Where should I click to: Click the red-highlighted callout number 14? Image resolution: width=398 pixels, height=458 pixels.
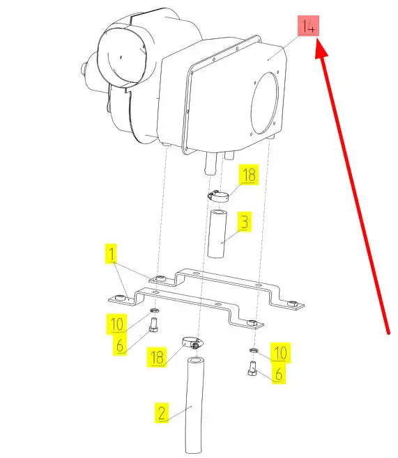point(308,26)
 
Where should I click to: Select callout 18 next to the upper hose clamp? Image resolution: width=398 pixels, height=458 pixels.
point(249,175)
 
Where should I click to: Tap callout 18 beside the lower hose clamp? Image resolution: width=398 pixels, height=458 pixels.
point(157,357)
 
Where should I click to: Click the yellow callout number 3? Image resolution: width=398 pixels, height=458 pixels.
point(245,222)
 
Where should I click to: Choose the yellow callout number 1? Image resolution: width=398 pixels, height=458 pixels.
point(112,254)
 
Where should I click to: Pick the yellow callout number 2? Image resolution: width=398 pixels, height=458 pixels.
point(162,413)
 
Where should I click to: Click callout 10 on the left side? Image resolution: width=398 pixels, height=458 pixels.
point(116,324)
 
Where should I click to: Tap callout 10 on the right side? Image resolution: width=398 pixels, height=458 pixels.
point(280,353)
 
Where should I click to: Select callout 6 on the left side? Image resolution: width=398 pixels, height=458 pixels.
point(120,345)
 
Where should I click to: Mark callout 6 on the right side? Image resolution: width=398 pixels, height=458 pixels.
point(279,374)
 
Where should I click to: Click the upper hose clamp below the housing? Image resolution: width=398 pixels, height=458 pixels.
point(218,196)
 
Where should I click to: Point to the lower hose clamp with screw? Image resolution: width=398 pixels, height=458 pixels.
point(192,342)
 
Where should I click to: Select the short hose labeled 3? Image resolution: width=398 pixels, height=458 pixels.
point(217,233)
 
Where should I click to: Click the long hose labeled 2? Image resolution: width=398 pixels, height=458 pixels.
point(194,405)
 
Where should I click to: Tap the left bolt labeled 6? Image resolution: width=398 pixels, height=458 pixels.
point(153,325)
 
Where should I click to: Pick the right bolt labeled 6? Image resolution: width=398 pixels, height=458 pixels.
point(252,368)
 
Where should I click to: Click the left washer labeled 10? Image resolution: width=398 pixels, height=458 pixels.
point(154,310)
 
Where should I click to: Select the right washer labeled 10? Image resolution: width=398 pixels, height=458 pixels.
point(254,350)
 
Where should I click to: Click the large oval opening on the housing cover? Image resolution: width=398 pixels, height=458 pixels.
point(265,103)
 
